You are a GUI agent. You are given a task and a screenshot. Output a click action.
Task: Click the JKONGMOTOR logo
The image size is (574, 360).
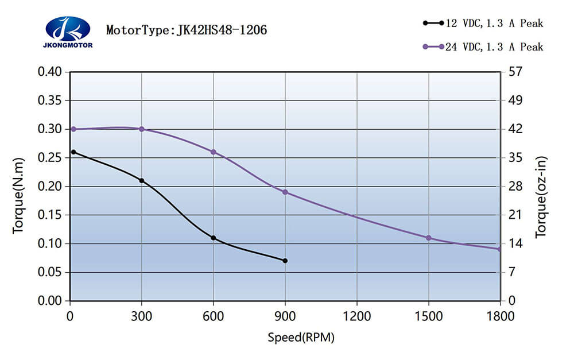[x=67, y=32]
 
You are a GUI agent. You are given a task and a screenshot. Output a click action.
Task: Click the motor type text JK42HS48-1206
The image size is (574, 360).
[x=187, y=30]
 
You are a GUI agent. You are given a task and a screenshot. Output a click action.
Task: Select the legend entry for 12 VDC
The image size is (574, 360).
[x=482, y=24]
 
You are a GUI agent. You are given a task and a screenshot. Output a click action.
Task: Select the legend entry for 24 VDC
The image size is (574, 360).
[x=482, y=47]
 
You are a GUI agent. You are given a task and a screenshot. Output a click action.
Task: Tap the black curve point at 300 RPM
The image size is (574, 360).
[x=142, y=180]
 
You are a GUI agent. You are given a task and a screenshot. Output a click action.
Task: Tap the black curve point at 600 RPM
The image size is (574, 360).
[x=214, y=238]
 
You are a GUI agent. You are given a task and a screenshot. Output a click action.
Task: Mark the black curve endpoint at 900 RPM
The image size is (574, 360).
[x=285, y=261]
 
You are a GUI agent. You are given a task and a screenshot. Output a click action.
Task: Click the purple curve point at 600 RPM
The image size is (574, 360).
[x=214, y=152]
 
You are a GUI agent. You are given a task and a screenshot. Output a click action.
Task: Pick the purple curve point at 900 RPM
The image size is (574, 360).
[x=285, y=192]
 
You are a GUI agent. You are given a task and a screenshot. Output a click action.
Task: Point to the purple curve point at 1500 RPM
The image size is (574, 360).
[x=428, y=238]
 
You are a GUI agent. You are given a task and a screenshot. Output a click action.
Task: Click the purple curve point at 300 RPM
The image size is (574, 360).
[x=142, y=129]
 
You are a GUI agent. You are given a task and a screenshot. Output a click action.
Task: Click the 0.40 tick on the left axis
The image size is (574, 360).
[x=49, y=72]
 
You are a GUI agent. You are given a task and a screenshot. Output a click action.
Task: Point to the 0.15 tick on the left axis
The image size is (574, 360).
[x=49, y=215]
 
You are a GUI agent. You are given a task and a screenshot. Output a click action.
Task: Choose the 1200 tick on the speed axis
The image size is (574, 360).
[x=357, y=316]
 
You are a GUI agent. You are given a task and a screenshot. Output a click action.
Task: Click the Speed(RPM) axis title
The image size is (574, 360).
[x=301, y=338]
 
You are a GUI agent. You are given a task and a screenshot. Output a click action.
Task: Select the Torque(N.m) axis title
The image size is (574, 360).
[x=18, y=195]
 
